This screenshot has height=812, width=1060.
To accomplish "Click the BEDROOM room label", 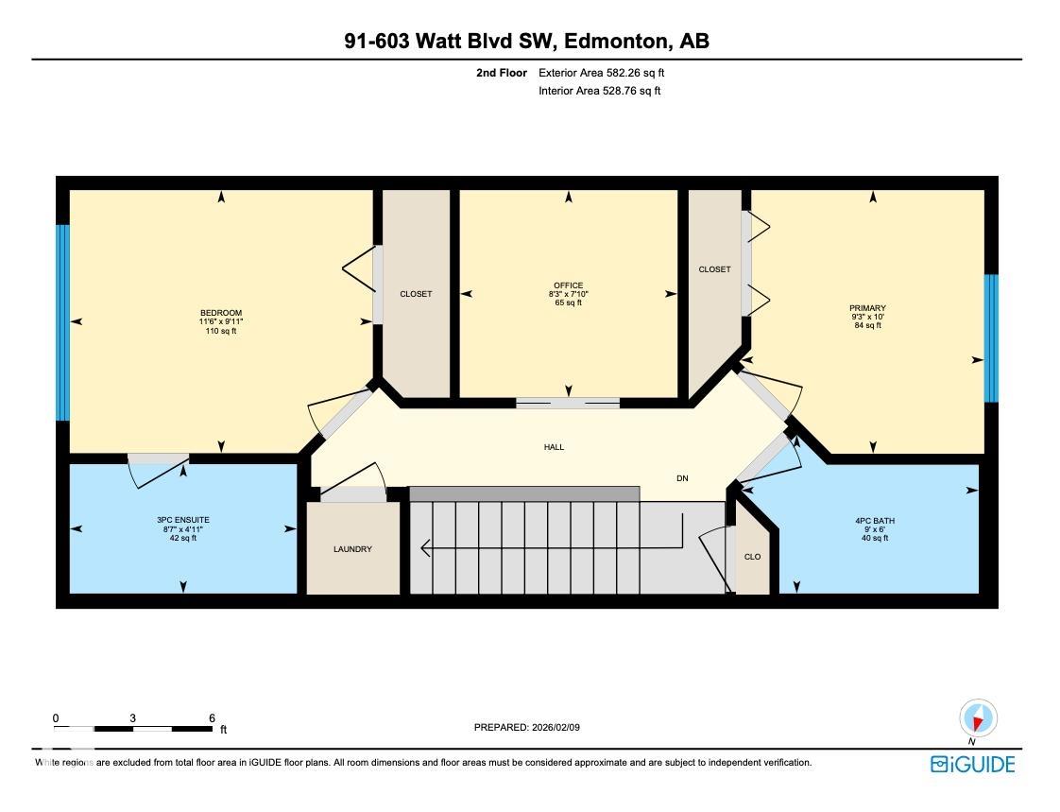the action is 221,313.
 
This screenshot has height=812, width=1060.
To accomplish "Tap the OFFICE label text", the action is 568,285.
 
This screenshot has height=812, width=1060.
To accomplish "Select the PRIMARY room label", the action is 868,308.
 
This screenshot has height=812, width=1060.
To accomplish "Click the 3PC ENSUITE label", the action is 183,520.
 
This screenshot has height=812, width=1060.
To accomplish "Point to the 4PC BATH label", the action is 875,521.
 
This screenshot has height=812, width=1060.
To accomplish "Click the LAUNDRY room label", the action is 353,549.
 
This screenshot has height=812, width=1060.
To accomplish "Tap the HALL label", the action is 554,447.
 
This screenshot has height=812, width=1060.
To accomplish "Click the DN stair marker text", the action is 683,478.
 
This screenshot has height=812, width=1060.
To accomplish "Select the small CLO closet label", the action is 752,557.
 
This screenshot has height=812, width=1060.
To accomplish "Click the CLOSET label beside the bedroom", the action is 416,294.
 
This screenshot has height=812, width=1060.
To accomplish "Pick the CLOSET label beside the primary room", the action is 714,269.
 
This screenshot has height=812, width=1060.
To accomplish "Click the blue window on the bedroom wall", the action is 62,322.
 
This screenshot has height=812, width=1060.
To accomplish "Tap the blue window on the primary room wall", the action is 991,338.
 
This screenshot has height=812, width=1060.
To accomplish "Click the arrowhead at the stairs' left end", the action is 425,547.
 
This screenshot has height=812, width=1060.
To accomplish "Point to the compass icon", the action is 978,718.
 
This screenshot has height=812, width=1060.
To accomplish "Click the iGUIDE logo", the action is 973,765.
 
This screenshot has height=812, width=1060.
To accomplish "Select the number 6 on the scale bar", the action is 213,717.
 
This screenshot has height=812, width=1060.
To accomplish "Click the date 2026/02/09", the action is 556,728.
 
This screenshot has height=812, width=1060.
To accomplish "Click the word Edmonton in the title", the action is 615,42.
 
